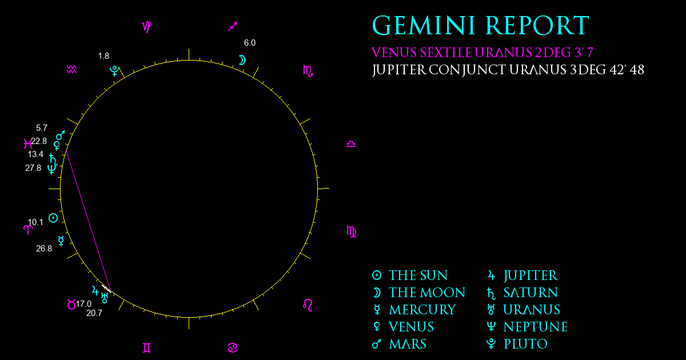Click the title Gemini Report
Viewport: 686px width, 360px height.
(481, 26)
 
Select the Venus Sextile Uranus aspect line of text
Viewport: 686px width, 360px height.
(482, 53)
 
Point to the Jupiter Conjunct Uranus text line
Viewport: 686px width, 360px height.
(508, 70)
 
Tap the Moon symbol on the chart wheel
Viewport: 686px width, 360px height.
(242, 61)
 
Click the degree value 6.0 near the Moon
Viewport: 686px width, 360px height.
(250, 43)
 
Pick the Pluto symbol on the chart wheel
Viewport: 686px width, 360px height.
(114, 71)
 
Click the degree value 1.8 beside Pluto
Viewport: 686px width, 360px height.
(103, 56)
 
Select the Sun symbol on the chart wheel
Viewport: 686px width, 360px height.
(53, 218)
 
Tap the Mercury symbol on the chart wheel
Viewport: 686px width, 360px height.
(61, 241)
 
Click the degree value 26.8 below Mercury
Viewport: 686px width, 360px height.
(44, 249)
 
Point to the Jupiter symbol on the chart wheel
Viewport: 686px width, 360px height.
(95, 290)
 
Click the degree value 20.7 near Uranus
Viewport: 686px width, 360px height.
(94, 313)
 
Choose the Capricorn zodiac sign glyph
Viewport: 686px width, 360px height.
(147, 27)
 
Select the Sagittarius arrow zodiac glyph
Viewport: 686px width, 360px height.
(233, 26)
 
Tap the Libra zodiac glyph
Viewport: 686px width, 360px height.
(351, 144)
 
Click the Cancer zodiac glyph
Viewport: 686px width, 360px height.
(233, 348)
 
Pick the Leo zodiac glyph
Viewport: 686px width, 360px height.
(308, 305)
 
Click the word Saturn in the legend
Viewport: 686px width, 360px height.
(531, 293)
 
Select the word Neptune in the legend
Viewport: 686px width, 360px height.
(536, 327)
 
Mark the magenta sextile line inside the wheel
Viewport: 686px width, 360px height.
(88, 220)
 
